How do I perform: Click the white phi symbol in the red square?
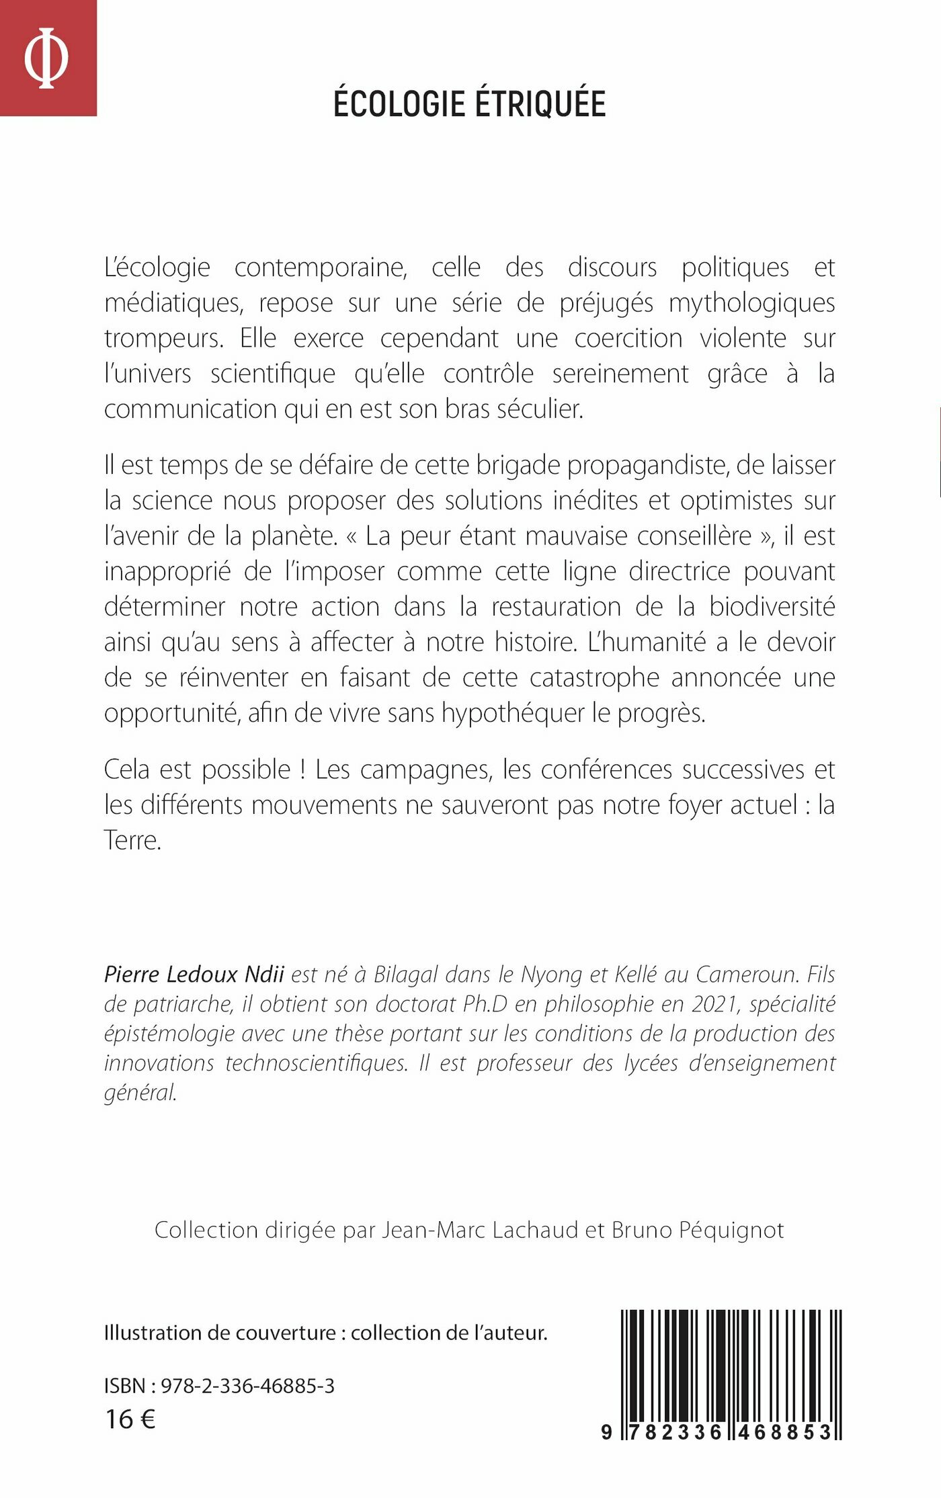[46, 58]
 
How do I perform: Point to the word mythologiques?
[751, 303]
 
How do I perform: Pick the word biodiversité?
[772, 607]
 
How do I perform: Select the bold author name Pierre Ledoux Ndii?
[194, 974]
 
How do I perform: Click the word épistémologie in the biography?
[169, 1033]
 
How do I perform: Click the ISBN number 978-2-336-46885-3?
[247, 1386]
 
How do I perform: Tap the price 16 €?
[130, 1419]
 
